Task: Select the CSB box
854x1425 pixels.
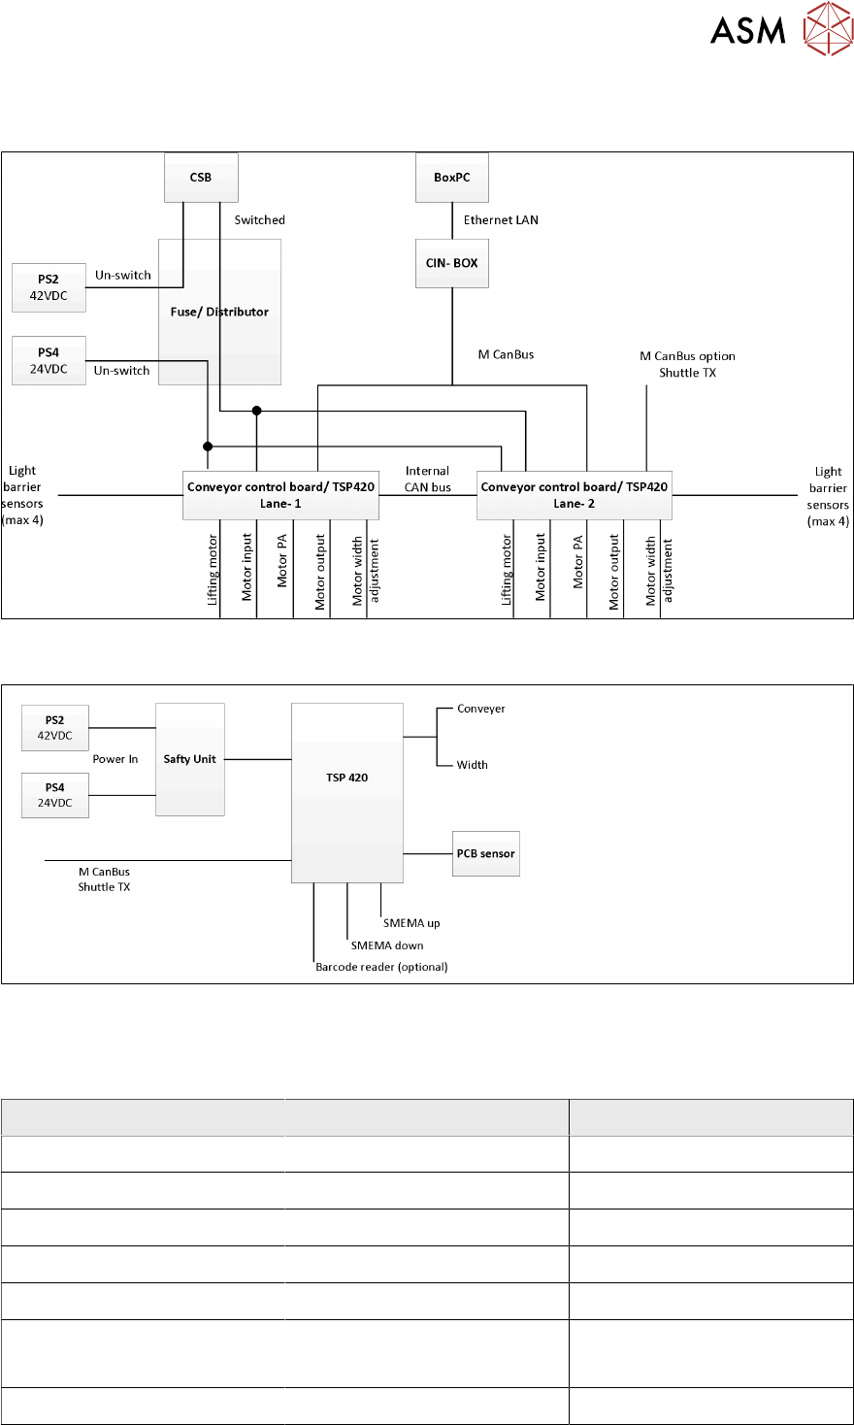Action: point(201,178)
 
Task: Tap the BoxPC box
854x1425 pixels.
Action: point(452,178)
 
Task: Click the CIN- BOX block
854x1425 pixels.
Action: point(452,263)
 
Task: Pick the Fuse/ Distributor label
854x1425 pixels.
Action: point(219,312)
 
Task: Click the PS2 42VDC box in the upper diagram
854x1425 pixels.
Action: point(49,287)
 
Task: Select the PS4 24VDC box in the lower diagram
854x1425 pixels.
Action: point(55,795)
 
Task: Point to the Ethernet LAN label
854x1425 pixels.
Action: point(501,220)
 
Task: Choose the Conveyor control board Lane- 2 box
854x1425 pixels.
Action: point(575,495)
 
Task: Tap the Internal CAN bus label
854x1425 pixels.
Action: point(427,479)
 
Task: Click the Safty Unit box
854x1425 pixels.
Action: point(190,759)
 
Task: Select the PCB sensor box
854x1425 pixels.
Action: point(486,853)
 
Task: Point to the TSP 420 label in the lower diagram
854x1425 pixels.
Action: point(346,778)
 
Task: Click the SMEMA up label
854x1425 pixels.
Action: point(411,923)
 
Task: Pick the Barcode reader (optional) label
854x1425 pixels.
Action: point(381,967)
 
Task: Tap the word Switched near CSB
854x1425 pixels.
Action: point(260,220)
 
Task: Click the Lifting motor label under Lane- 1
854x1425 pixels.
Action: point(213,571)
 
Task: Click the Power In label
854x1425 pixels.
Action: point(115,759)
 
